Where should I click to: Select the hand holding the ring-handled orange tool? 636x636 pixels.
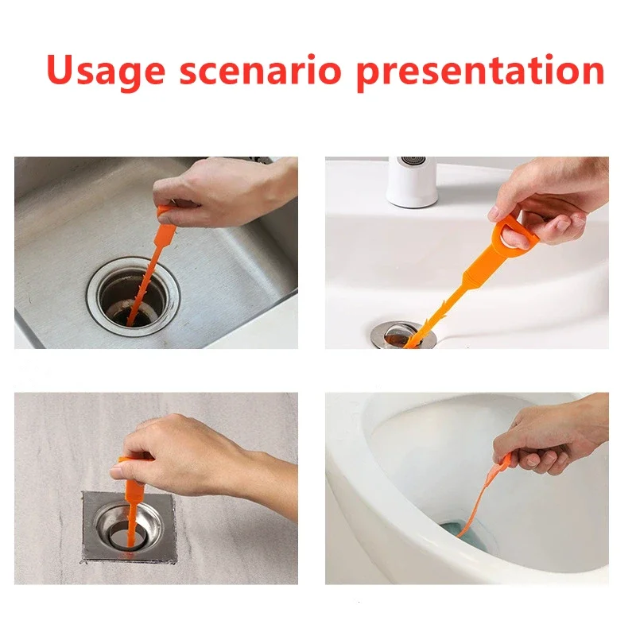549,199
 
